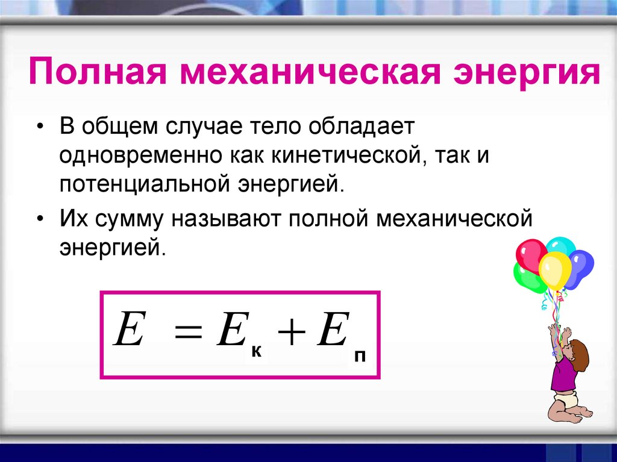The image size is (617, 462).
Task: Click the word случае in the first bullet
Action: (203, 126)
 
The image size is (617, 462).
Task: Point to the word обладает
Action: (362, 126)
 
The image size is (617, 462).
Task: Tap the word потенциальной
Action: (145, 184)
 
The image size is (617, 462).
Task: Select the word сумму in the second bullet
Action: (129, 219)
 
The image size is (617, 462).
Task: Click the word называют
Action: (226, 219)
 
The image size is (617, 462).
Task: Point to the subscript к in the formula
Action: (256, 351)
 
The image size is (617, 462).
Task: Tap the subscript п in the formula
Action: (360, 356)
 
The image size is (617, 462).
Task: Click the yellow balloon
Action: (555, 270)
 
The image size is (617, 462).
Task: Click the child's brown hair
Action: (578, 354)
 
